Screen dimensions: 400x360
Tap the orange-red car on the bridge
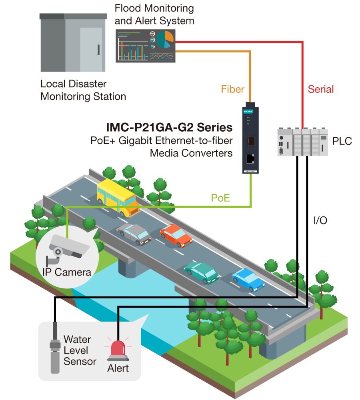click(176, 235)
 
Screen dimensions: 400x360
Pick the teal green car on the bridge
click(201, 272)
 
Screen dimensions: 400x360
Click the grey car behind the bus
click(134, 234)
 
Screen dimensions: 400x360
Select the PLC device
click(303, 142)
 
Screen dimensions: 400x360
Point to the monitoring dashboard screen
click(146, 46)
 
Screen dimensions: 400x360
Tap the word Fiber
click(233, 89)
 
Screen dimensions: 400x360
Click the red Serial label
click(321, 89)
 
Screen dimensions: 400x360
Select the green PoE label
click(220, 198)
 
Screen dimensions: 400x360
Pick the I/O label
click(320, 220)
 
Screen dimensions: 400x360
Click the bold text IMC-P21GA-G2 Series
click(169, 127)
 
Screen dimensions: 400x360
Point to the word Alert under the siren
click(118, 368)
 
